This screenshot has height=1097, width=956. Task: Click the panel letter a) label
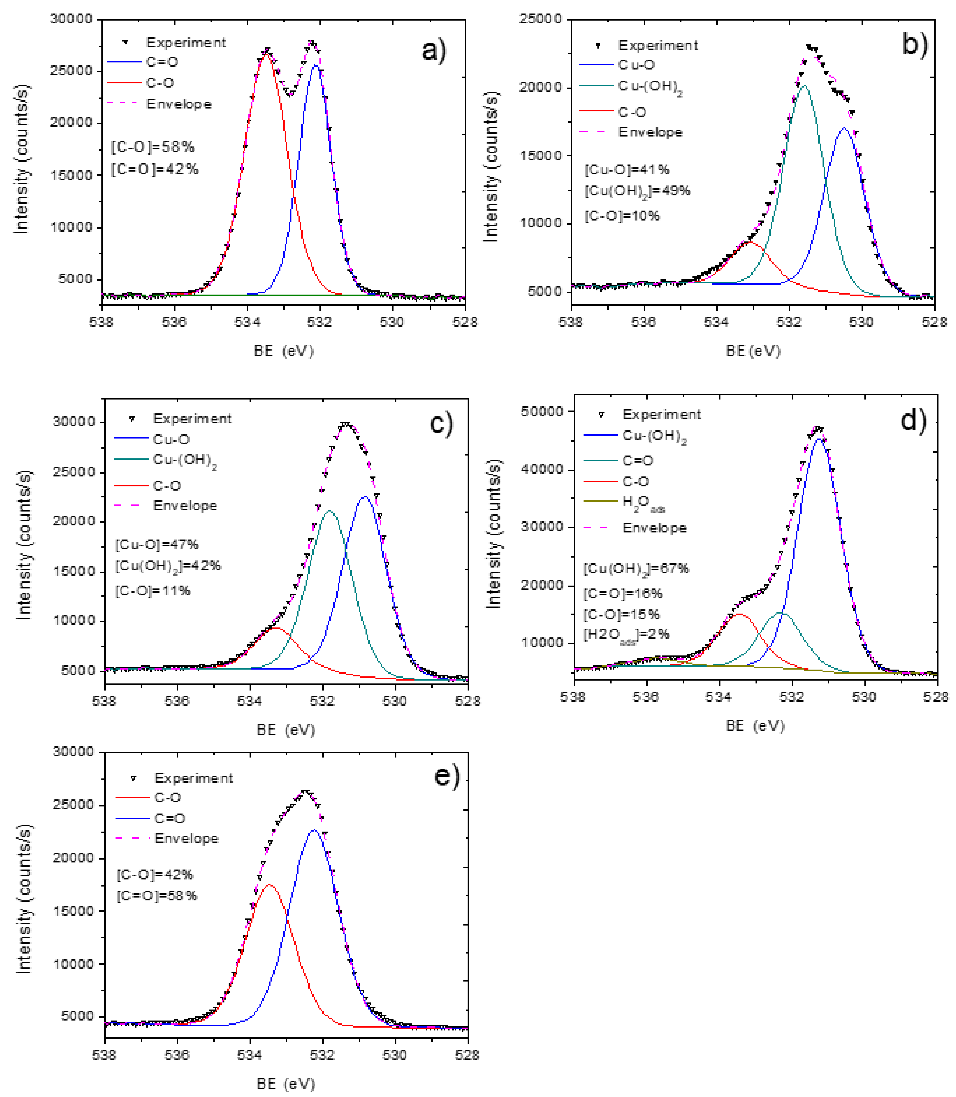[433, 51]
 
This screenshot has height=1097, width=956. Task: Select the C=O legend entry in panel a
[162, 62]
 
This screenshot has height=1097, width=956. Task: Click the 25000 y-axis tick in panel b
[540, 19]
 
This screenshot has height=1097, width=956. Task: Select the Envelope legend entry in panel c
[185, 506]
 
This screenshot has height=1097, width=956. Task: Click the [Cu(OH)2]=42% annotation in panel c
[167, 566]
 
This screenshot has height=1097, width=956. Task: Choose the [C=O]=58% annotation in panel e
[157, 895]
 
